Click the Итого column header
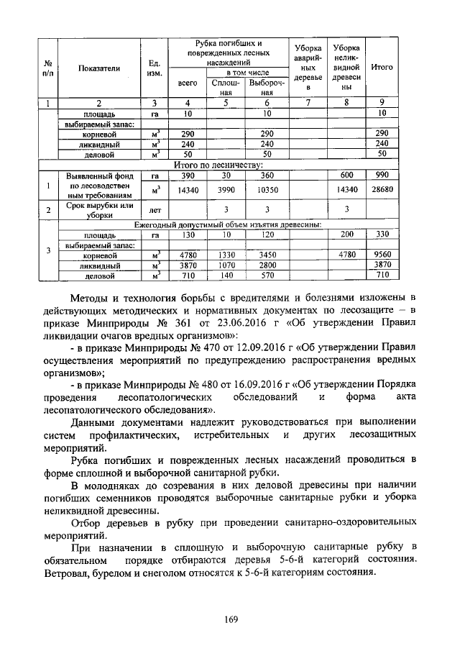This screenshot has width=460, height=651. click(x=382, y=67)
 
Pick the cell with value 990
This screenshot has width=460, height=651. click(x=382, y=176)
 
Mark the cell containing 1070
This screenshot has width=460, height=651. click(x=225, y=265)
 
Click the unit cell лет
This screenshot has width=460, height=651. click(x=153, y=211)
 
